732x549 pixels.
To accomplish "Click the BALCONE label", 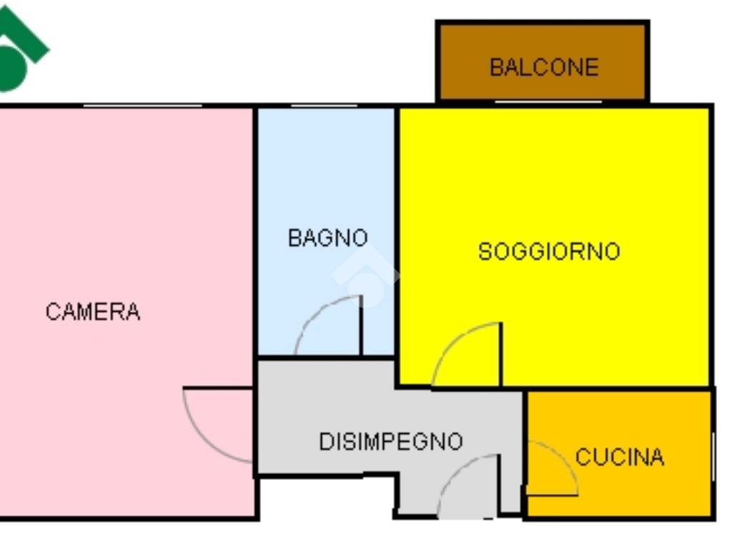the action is (544, 67).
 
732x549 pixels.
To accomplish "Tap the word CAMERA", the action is (93, 312).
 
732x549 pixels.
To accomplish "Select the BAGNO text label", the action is (327, 237).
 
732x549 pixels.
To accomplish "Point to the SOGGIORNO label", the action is (549, 251).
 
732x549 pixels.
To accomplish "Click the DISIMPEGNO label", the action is (391, 441).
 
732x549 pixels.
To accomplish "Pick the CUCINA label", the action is (620, 457).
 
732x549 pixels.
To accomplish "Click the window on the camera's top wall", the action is (143, 106).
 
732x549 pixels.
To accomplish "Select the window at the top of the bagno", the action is (324, 106).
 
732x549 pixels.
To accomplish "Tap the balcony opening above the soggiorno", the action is (548, 102).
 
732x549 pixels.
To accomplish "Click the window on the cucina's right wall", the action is (713, 457).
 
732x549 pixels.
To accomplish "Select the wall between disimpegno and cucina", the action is (525, 452).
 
